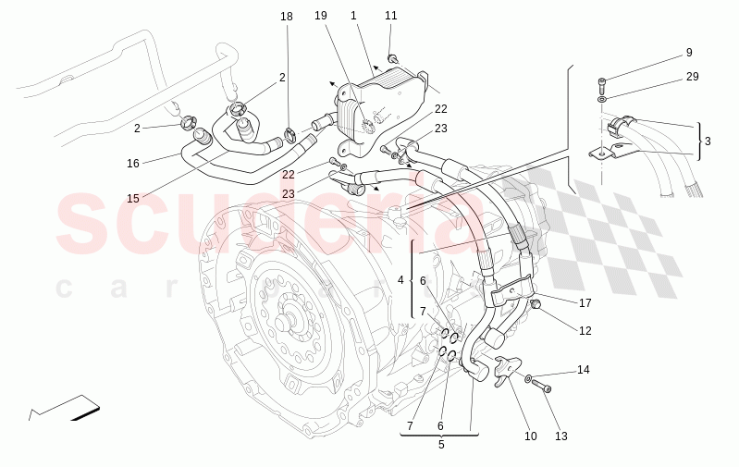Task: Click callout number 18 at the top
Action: (287, 17)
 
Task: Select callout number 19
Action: (321, 17)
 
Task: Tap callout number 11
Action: (391, 16)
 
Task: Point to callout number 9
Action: (689, 53)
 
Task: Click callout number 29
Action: (692, 77)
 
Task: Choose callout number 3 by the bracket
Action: (708, 141)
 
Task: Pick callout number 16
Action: (133, 164)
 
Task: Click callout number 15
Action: (133, 198)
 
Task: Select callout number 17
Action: (585, 302)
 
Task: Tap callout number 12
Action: (585, 330)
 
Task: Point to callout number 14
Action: (584, 370)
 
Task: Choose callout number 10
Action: (531, 436)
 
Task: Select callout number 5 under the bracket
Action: (441, 445)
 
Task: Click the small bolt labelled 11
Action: (393, 59)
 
